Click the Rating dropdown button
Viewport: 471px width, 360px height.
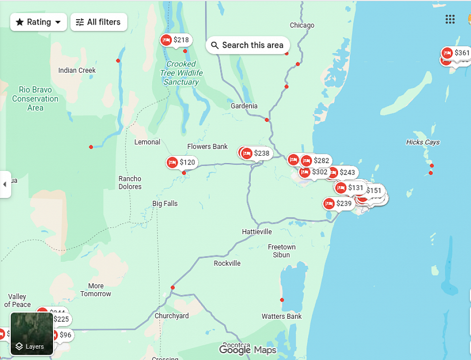tap(38, 22)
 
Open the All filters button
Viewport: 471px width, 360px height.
tap(99, 22)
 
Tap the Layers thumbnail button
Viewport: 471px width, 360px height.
tap(31, 333)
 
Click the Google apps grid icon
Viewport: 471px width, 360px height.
tap(450, 19)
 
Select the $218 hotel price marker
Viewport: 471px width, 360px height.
tap(176, 40)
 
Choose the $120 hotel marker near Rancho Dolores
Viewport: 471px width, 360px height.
tap(182, 162)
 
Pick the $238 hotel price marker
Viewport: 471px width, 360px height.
tap(256, 153)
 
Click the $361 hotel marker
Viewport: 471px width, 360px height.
tap(456, 53)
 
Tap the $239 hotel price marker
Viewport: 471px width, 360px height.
tap(339, 203)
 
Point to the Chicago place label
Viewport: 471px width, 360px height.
tap(302, 26)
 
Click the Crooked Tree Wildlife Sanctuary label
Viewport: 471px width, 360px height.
tap(181, 73)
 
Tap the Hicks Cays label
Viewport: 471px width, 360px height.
tap(423, 142)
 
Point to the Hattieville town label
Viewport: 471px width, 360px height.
tap(257, 231)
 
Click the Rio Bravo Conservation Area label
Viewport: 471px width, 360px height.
tap(35, 99)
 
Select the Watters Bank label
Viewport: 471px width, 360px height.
tap(282, 316)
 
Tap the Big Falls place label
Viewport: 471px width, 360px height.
tap(165, 203)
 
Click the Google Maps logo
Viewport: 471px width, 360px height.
tap(247, 350)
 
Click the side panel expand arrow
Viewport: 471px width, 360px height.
tap(5, 184)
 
